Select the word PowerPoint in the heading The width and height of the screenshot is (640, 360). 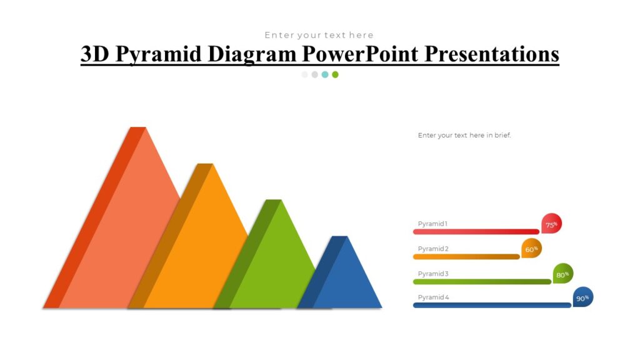361,54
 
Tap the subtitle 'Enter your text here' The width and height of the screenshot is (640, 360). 319,35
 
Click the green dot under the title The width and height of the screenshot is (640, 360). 335,74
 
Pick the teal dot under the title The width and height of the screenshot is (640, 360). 325,74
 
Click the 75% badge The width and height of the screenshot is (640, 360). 551,224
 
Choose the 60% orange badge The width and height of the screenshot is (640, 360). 531,249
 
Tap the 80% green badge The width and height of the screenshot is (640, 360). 562,274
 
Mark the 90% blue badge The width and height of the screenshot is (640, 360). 582,297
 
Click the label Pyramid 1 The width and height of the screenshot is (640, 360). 432,224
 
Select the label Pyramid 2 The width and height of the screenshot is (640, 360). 433,249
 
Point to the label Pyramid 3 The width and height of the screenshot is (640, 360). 433,274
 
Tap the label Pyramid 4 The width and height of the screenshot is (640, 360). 433,297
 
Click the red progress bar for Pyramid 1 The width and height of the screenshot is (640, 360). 475,232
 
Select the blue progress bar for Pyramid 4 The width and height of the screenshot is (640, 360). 491,306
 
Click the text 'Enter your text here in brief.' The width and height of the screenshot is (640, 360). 464,135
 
